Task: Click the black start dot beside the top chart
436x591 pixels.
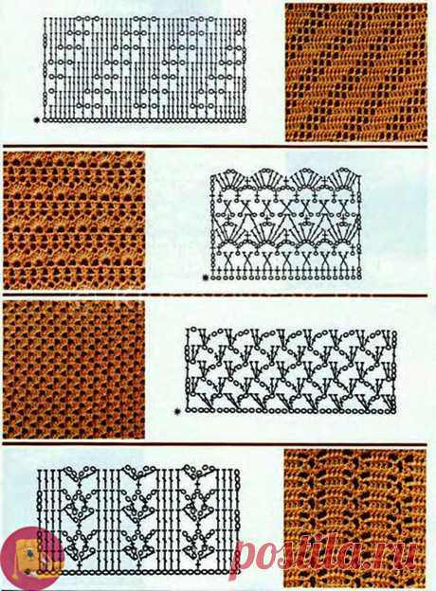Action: [x=37, y=120]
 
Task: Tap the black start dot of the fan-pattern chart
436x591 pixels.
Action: [x=206, y=278]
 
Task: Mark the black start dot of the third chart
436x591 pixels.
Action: [x=177, y=412]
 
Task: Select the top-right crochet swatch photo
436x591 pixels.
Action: [x=356, y=72]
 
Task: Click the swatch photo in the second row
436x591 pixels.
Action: [x=74, y=220]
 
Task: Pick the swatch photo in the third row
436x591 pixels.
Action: [x=74, y=369]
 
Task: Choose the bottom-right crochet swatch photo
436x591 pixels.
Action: [x=355, y=519]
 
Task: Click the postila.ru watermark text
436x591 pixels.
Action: [x=324, y=554]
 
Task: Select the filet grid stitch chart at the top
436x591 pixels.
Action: [x=145, y=69]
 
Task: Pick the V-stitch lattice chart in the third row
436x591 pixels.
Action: [x=290, y=371]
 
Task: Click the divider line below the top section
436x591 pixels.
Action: [x=215, y=146]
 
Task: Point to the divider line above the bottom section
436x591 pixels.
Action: [x=215, y=444]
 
